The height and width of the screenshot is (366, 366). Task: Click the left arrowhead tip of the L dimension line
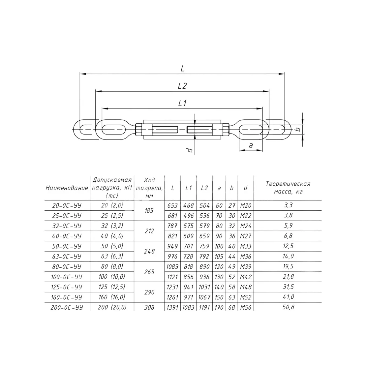80,74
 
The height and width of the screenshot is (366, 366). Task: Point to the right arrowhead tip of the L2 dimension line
269,91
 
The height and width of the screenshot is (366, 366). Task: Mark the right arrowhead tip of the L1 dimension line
262,108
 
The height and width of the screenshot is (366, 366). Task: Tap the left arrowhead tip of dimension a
239,150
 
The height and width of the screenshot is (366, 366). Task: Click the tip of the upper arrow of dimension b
302,125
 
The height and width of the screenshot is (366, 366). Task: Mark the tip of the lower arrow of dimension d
195,139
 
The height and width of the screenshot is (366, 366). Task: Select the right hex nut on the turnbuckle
226,130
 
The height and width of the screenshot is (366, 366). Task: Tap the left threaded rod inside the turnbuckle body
165,130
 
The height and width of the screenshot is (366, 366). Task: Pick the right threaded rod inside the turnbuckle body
199,130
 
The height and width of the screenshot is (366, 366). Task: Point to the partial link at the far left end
85,130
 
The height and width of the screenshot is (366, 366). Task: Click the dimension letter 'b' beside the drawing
298,129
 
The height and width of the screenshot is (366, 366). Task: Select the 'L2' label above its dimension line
182,86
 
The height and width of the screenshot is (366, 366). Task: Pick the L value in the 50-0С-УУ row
173,246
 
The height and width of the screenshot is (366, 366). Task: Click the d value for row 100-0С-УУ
246,277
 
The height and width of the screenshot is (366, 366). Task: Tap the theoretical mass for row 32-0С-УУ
288,226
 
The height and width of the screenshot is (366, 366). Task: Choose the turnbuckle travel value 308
149,307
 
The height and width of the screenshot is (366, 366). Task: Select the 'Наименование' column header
67,188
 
